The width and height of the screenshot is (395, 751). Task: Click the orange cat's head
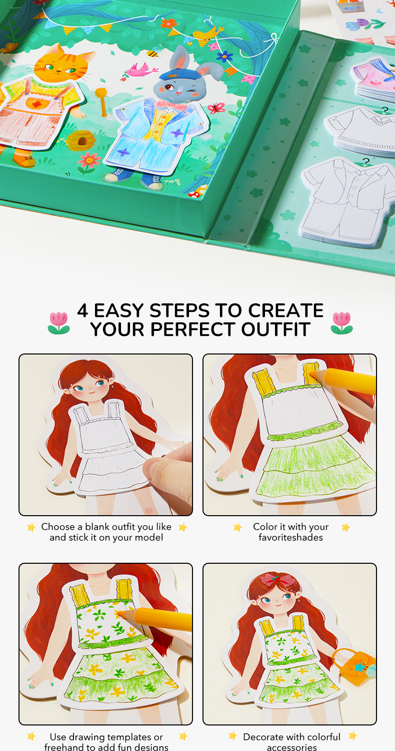point(62,64)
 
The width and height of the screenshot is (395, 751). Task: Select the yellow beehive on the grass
point(80,140)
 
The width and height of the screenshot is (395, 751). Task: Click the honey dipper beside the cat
point(101,101)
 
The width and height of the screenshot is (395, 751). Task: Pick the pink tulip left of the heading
point(59,323)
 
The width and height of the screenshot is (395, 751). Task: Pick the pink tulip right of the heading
point(341,323)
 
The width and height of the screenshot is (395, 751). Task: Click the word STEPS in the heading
point(179,310)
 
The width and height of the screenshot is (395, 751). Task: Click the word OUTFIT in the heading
point(275,329)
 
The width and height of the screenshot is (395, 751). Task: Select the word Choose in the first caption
point(58,527)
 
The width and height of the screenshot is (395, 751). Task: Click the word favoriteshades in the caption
point(290,537)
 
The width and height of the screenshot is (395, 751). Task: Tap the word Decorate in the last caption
point(263,737)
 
